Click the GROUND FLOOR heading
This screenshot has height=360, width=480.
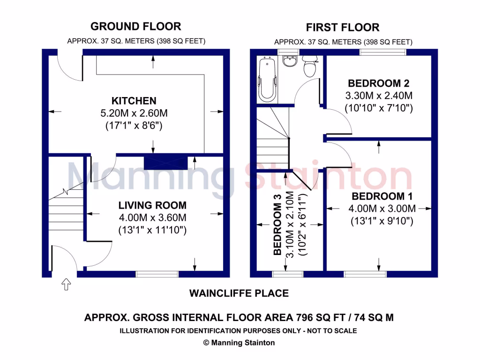tap(135, 26)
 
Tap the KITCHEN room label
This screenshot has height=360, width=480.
tap(134, 101)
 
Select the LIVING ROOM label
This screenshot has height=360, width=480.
tap(152, 205)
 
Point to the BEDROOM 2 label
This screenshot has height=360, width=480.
tap(378, 84)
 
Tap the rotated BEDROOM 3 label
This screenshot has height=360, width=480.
tap(277, 229)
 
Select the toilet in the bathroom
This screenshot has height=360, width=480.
tap(309, 67)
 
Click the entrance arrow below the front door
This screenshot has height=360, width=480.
tap(66, 284)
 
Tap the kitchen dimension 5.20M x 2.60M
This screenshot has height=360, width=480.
tap(134, 113)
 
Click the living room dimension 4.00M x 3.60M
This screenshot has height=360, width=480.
tap(152, 217)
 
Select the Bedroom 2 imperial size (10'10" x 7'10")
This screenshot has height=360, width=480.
tap(378, 108)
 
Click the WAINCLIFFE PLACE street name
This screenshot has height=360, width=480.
tap(239, 293)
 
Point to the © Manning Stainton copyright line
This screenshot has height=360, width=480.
tap(239, 343)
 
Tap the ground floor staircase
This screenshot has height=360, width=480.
tap(66, 211)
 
